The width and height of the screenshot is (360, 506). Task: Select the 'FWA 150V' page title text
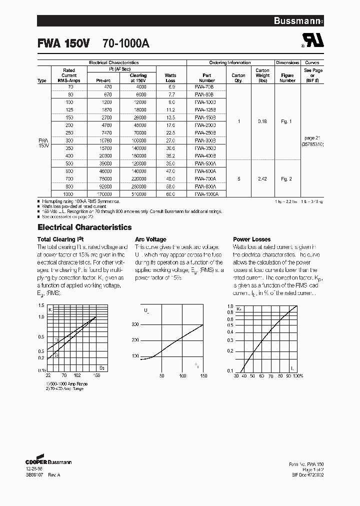click(63, 43)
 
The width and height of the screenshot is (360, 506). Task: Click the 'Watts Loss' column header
click(170, 77)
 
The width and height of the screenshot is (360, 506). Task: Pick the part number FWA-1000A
click(207, 193)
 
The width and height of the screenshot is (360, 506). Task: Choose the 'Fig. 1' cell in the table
click(286, 121)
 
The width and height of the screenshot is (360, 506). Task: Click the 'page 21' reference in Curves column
click(313, 137)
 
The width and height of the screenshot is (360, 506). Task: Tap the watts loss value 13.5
click(170, 117)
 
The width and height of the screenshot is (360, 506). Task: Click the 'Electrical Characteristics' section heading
click(84, 227)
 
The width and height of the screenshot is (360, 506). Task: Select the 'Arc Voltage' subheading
click(150, 239)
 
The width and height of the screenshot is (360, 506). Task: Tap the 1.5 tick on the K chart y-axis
click(41, 305)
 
